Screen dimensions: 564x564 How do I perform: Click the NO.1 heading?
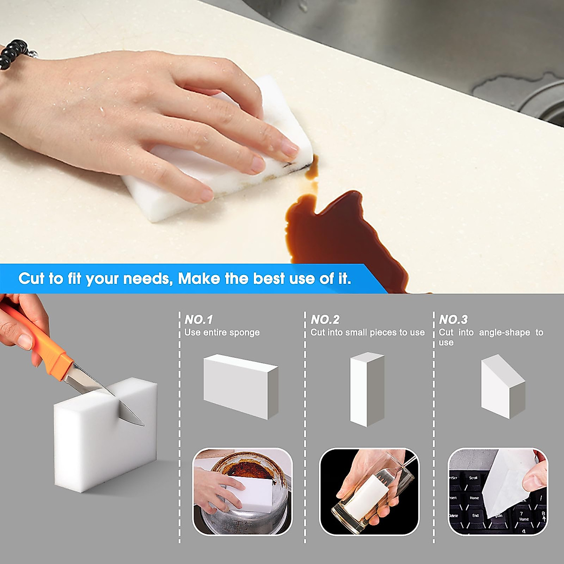pos(198,320)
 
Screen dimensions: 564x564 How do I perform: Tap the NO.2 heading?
pos(325,320)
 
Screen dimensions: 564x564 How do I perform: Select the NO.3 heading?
pos(453,320)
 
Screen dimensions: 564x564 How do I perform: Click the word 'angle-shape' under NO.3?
pos(504,332)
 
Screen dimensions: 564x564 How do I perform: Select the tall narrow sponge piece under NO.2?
pos(367,389)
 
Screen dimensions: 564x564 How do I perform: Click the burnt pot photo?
pos(243,491)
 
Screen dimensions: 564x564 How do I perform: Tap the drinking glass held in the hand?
pos(371,493)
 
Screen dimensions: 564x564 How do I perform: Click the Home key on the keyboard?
pos(474,498)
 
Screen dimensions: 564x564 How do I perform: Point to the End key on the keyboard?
pos(475,516)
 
